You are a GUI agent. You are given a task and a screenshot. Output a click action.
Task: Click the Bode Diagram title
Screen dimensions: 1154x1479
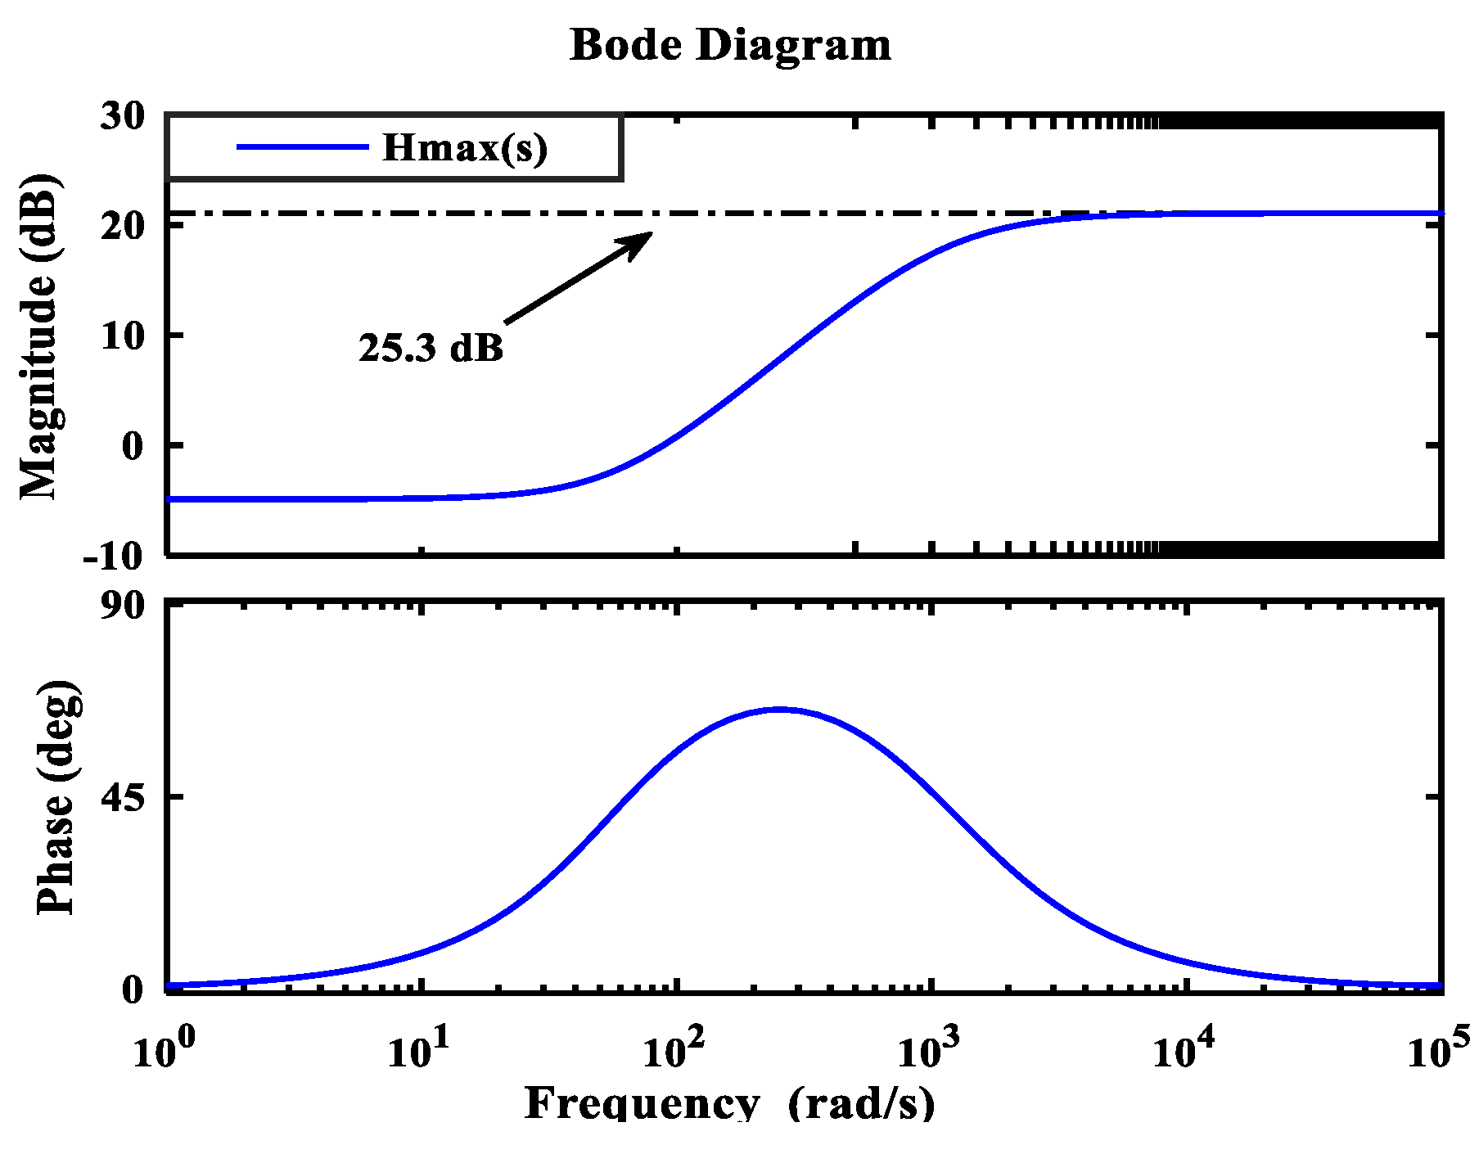tap(730, 45)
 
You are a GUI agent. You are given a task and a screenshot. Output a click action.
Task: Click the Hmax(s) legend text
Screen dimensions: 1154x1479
tap(465, 148)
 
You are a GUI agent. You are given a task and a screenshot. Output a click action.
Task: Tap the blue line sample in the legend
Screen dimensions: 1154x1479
tap(303, 147)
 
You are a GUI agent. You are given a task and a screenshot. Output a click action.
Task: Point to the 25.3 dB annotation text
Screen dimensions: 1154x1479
tap(431, 348)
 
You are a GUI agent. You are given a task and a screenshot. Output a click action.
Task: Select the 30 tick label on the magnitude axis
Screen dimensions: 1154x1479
tap(122, 117)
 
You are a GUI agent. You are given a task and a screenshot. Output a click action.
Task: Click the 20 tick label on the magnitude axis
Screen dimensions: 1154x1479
tap(122, 227)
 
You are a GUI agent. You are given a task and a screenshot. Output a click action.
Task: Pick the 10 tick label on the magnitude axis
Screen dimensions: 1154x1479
tap(122, 336)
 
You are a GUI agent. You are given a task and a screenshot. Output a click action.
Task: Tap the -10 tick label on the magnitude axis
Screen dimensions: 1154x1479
tap(113, 557)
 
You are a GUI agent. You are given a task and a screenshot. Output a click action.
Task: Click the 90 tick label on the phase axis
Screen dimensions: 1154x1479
tap(122, 606)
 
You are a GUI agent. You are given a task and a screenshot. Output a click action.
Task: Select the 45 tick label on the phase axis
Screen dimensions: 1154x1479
tap(122, 796)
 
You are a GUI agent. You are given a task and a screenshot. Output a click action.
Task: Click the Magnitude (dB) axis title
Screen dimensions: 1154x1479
tap(39, 336)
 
